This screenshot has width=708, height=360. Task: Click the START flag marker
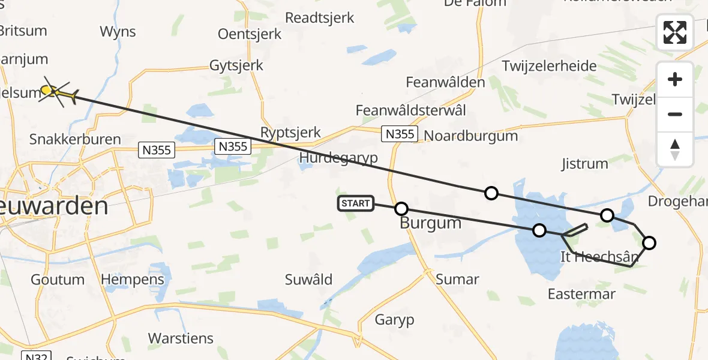coord(356,203)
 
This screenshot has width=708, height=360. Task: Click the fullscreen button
coord(675,32)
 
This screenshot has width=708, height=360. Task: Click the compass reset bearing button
coord(675,149)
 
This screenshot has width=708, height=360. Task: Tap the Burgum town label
coord(431,224)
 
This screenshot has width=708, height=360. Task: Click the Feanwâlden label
coord(445,82)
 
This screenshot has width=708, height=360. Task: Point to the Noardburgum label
coord(471,135)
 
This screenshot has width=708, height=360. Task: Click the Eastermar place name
coord(581,294)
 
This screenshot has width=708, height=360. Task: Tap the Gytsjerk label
coord(236,65)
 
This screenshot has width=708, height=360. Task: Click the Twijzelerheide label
coord(550,66)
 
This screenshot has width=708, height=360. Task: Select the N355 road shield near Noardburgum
coord(400,134)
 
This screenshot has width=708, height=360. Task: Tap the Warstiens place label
coord(181,338)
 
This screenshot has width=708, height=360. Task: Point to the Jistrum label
coord(584,163)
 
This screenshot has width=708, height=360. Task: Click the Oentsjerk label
coord(250,34)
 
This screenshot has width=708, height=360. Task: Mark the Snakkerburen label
coord(75,139)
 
